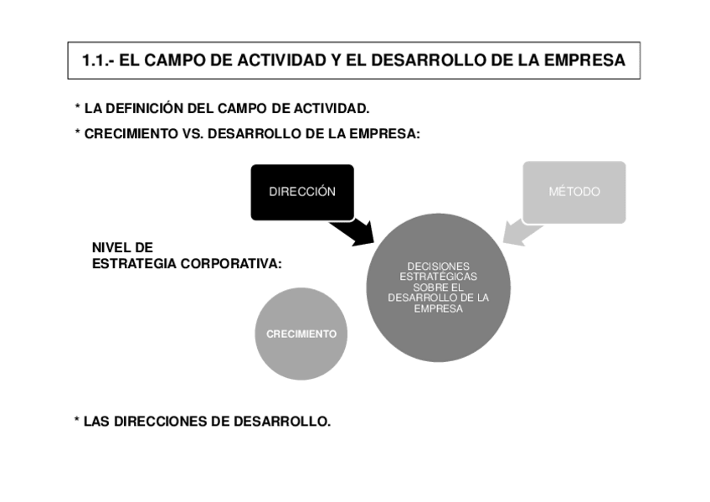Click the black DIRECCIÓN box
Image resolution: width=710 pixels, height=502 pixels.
coord(302,192)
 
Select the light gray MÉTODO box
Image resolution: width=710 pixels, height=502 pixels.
coord(574,192)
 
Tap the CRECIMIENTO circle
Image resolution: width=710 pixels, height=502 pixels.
coord(301,334)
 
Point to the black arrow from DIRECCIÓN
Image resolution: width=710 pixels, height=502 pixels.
coord(353,230)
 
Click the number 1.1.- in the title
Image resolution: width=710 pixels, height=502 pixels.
coord(99,61)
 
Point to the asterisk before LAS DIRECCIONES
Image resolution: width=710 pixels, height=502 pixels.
coord(76,420)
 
